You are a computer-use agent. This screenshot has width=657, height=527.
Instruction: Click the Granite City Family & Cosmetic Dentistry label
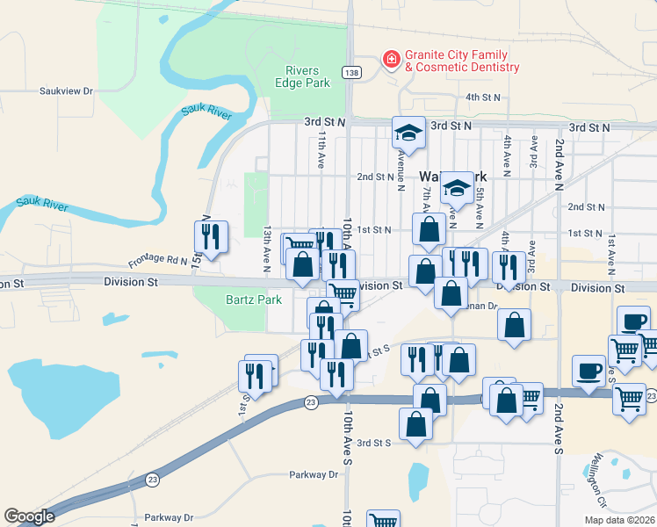point(462,61)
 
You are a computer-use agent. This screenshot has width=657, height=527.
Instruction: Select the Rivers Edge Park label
point(307,76)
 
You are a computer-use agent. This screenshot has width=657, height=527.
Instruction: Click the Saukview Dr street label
point(66,90)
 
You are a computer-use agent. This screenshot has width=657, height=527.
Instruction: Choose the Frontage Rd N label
point(158,261)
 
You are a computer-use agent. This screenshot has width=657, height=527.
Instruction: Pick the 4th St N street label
point(482,97)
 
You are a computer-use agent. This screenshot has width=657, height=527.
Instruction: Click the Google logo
point(29,516)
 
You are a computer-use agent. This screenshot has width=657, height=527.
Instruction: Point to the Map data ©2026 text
point(619,520)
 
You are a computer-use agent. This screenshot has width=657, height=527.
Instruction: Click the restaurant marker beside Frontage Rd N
point(211,235)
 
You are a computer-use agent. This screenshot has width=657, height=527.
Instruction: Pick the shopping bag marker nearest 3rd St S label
point(415,423)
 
